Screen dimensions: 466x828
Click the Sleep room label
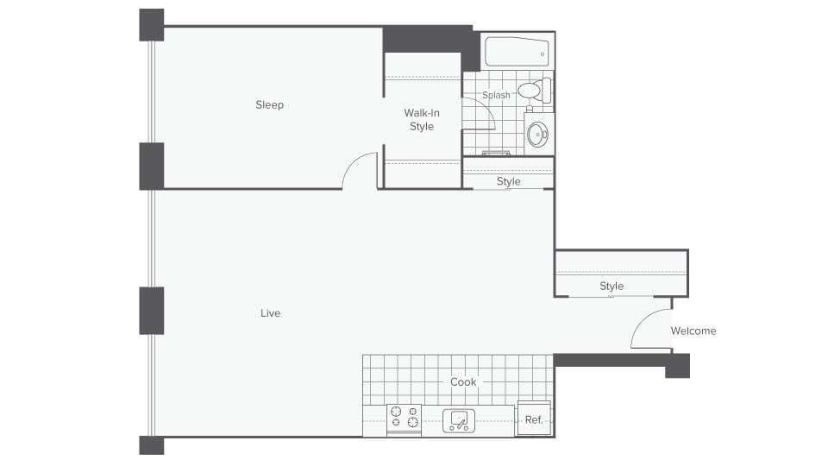click(269, 105)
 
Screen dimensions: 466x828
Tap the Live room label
click(270, 313)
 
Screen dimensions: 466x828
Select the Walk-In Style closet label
click(422, 120)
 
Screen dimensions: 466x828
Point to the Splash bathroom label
click(496, 96)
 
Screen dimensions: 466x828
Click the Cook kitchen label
click(463, 382)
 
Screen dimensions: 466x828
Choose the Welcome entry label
click(693, 331)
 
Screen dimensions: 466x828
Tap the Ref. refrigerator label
click(534, 420)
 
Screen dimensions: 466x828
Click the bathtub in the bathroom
click(516, 53)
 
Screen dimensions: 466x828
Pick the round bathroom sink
click(538, 134)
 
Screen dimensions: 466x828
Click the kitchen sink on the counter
click(460, 420)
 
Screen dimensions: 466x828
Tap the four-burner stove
click(405, 418)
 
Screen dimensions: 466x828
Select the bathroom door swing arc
click(481, 110)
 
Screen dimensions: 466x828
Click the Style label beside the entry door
click(612, 287)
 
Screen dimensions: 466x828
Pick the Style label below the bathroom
click(509, 182)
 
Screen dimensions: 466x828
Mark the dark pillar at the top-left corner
click(152, 24)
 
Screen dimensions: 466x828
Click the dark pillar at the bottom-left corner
click(152, 445)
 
